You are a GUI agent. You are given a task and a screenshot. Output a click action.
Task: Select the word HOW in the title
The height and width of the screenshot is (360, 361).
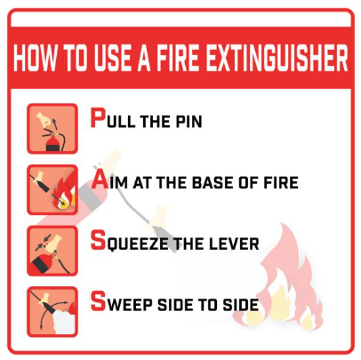(x=35, y=58)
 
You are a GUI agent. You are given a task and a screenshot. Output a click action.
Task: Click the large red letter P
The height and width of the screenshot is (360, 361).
(x=98, y=117)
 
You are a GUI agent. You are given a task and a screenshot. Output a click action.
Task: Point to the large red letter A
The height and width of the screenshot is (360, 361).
(x=100, y=180)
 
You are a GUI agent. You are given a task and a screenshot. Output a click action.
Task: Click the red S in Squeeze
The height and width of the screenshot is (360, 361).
(x=98, y=240)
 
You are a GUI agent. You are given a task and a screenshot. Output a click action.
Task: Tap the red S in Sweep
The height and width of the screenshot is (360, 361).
(x=98, y=301)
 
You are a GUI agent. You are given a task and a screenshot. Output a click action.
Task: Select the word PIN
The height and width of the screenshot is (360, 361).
(x=189, y=121)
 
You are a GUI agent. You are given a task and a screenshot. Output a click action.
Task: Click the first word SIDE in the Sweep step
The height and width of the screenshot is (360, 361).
(x=174, y=305)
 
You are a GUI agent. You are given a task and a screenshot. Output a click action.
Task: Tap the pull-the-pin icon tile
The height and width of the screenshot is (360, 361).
(x=52, y=129)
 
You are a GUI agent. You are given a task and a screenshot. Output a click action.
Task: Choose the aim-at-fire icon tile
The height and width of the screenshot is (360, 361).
(x=52, y=189)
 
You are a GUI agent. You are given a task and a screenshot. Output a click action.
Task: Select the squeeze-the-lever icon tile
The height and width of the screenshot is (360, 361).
(x=52, y=251)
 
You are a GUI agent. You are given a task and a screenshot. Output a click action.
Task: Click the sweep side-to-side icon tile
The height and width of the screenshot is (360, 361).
(x=52, y=312)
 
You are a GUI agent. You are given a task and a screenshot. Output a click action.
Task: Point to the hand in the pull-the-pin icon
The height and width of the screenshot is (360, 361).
(x=44, y=119)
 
